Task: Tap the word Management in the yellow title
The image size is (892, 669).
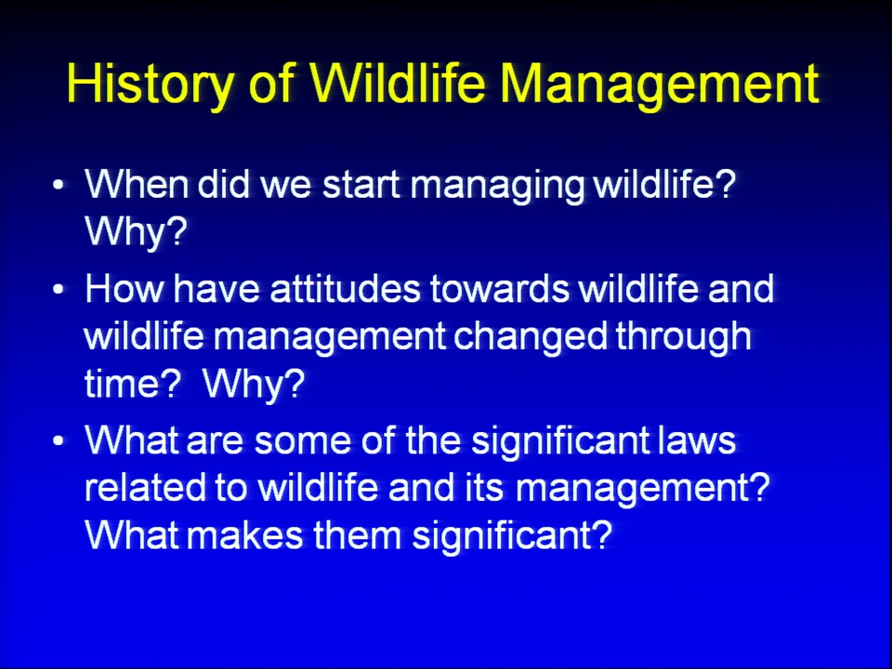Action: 660,85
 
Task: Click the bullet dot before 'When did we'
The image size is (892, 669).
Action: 58,185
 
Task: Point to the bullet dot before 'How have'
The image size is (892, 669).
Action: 58,289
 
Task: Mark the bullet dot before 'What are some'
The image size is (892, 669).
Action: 58,440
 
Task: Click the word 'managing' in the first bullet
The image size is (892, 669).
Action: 497,187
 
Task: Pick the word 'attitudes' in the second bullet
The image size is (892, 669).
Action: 345,288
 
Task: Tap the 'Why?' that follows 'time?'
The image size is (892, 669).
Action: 254,385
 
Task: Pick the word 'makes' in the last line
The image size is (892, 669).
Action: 244,535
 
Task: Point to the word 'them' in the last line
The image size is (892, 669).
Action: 357,535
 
